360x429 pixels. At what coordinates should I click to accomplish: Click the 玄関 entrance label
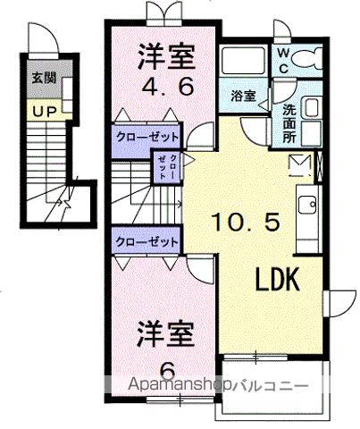(x=41, y=78)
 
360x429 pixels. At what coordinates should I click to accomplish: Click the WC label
(x=281, y=60)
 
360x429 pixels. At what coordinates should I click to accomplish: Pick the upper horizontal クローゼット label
(x=146, y=136)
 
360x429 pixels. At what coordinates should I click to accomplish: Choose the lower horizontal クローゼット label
(x=146, y=241)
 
